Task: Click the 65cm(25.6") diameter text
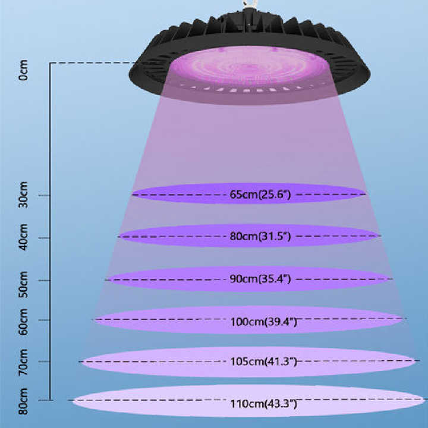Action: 260,194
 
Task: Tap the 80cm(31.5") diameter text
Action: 260,237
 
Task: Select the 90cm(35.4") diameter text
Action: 260,279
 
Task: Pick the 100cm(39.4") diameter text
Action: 263,322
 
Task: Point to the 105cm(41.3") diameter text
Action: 263,361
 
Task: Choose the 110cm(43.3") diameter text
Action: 263,404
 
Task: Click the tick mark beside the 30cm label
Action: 43,195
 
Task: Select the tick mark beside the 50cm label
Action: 43,280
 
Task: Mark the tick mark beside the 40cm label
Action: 43,238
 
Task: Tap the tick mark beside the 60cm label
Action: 43,320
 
